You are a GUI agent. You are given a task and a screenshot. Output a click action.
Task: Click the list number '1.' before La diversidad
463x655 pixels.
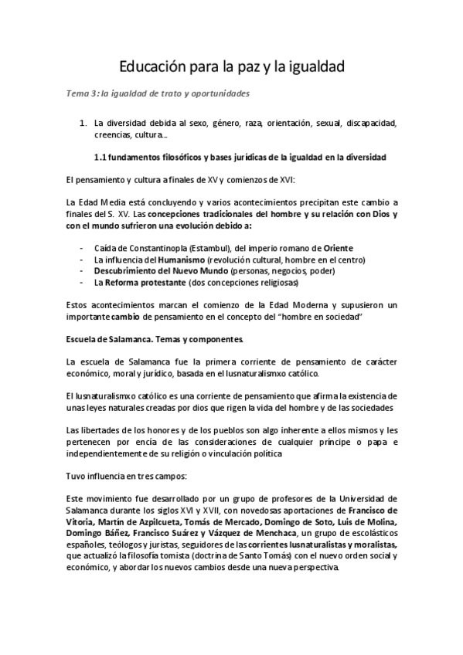pos(84,123)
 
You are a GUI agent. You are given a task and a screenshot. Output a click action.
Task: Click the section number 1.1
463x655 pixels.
pos(100,158)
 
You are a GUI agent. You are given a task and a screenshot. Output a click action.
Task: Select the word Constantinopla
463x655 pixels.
pos(155,247)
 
